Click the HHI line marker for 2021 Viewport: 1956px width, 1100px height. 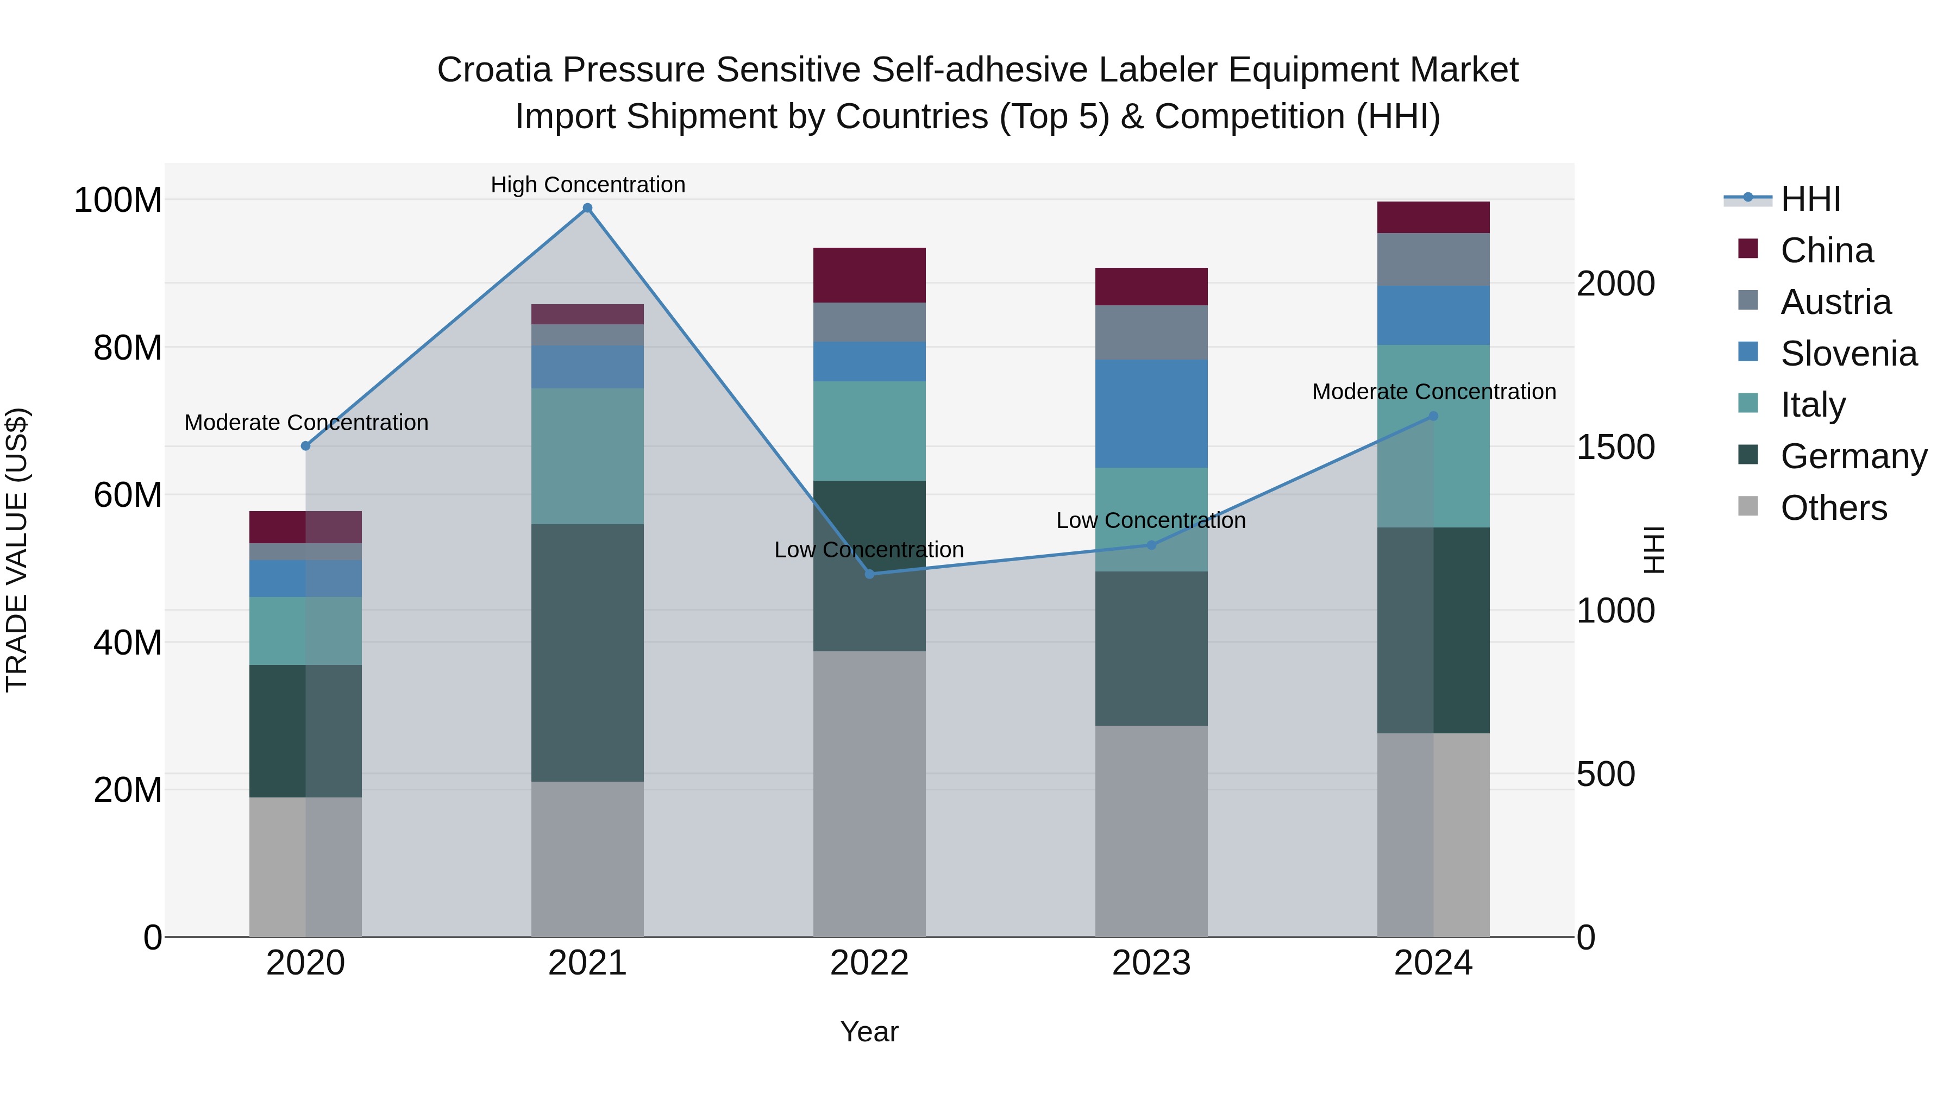[587, 208]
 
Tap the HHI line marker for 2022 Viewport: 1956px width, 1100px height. [869, 574]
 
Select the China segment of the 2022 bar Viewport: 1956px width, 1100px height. [869, 275]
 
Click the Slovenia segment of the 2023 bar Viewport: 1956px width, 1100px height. [1151, 414]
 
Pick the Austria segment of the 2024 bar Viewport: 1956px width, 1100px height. [1433, 259]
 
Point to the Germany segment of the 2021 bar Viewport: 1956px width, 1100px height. [587, 653]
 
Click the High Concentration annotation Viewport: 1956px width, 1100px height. [588, 185]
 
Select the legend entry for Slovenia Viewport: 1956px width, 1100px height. [1848, 354]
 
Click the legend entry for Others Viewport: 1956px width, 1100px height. [1833, 508]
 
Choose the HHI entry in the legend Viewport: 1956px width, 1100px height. [1810, 199]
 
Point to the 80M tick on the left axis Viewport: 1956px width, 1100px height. [128, 348]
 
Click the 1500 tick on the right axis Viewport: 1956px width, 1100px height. [1615, 447]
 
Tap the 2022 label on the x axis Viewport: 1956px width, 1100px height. [869, 963]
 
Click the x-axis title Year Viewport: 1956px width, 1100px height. [869, 1032]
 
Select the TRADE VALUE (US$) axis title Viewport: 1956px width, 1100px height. [17, 550]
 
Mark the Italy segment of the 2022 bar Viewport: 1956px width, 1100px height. [869, 431]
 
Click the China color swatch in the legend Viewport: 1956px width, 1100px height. [1748, 249]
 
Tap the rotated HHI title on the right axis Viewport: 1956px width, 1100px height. [1653, 550]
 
